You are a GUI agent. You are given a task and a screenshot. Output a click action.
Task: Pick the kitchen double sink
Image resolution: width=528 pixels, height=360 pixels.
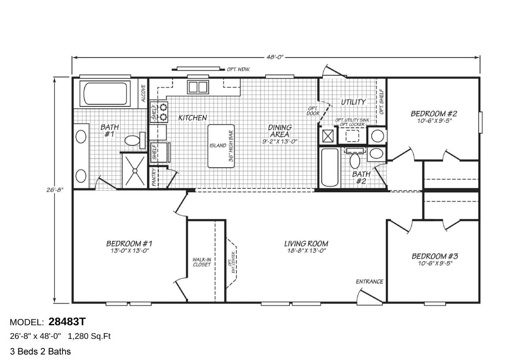[x=198, y=87]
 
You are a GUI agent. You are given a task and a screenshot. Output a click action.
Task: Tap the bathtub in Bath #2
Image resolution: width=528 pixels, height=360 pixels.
[x=330, y=168]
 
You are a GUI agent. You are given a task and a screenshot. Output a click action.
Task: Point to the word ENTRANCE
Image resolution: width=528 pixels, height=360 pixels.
[x=369, y=282]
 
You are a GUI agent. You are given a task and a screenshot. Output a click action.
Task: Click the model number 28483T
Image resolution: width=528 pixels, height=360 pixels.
[x=67, y=322]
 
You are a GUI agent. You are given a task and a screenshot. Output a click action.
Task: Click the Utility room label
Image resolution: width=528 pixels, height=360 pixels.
[x=353, y=102]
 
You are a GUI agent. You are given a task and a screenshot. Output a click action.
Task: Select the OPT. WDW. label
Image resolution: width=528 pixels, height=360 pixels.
[x=238, y=69]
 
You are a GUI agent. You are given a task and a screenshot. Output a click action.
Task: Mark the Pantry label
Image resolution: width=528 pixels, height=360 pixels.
[x=154, y=178]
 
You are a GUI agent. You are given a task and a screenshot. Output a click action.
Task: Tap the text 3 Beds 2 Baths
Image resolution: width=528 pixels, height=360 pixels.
[x=40, y=351]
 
